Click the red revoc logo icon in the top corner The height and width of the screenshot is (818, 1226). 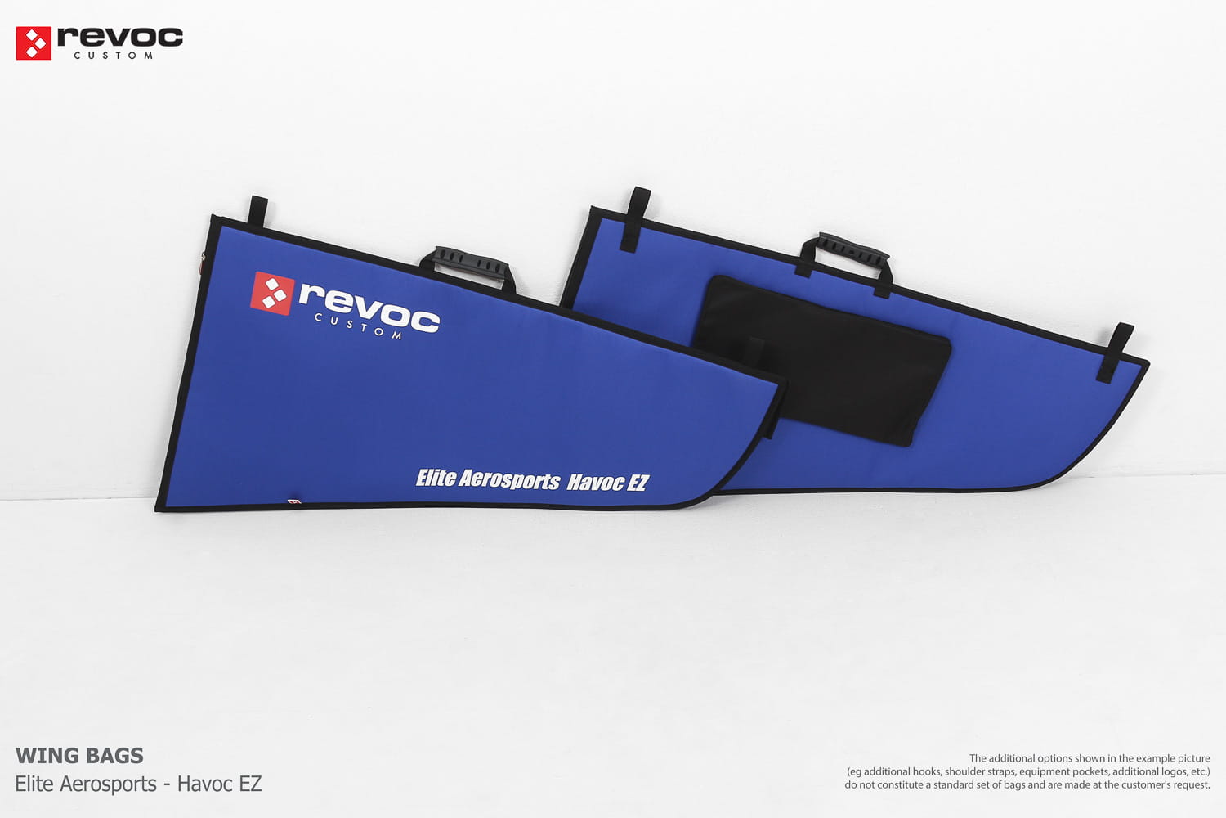[34, 43]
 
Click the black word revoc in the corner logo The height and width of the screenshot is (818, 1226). [120, 38]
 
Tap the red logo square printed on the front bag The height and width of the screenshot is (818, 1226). [272, 293]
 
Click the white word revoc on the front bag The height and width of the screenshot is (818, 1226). [369, 308]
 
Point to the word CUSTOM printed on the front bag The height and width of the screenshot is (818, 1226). [359, 326]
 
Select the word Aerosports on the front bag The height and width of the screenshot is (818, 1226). [509, 480]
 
